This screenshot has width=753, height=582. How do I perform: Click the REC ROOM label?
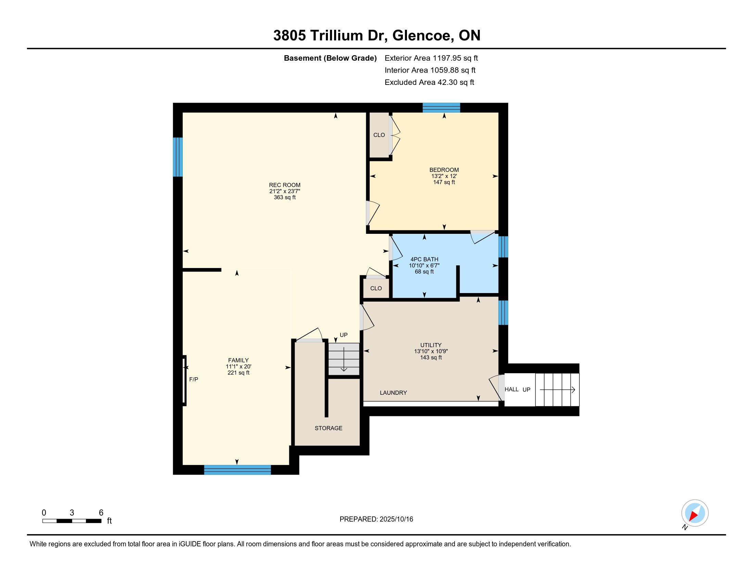pyautogui.click(x=284, y=185)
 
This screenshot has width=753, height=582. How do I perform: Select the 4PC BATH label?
pyautogui.click(x=424, y=259)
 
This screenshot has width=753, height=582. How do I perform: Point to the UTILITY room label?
pyautogui.click(x=431, y=345)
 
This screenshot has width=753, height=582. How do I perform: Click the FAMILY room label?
pyautogui.click(x=238, y=360)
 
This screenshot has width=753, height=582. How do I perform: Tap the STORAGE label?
pyautogui.click(x=329, y=428)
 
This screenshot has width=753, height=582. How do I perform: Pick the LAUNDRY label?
pyautogui.click(x=393, y=393)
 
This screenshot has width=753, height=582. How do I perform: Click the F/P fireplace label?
pyautogui.click(x=194, y=379)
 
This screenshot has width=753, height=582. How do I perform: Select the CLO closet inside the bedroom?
pyautogui.click(x=379, y=135)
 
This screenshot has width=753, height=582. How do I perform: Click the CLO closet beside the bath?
pyautogui.click(x=376, y=288)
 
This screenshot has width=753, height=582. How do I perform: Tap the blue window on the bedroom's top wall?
pyautogui.click(x=441, y=107)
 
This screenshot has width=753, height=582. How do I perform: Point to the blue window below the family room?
pyautogui.click(x=238, y=470)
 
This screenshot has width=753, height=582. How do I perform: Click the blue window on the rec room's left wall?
pyautogui.click(x=178, y=157)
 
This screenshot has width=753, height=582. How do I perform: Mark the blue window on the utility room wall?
pyautogui.click(x=503, y=312)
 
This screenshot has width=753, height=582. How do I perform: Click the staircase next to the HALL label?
pyautogui.click(x=557, y=390)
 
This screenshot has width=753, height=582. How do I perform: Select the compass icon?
pyautogui.click(x=695, y=513)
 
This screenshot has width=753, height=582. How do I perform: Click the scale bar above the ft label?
pyautogui.click(x=72, y=521)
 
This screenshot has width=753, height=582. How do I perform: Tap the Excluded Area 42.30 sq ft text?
pyautogui.click(x=429, y=83)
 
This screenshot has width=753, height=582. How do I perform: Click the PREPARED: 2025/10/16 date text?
pyautogui.click(x=376, y=519)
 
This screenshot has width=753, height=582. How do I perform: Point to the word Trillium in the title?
pyautogui.click(x=337, y=36)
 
